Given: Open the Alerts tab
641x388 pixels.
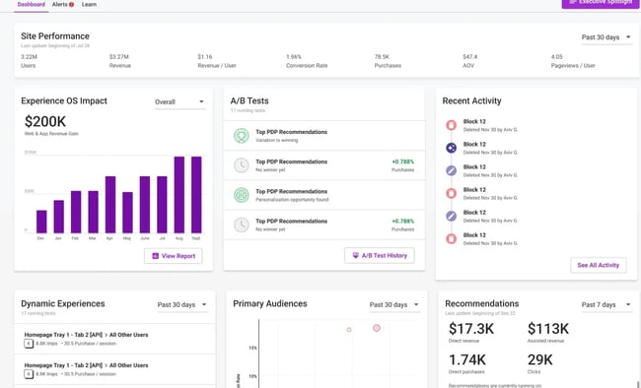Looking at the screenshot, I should click(x=62, y=5).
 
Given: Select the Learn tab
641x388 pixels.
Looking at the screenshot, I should click(x=89, y=5).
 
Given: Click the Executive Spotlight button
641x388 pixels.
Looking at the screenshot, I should click(x=600, y=3).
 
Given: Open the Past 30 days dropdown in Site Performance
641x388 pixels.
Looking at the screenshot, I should click(x=605, y=37).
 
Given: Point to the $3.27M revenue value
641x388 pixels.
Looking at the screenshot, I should click(x=118, y=57).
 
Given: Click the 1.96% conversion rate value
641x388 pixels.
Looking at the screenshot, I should click(x=294, y=57).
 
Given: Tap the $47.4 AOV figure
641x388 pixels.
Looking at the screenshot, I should click(x=469, y=57).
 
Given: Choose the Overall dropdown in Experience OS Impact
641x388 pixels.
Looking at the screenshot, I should click(x=179, y=101).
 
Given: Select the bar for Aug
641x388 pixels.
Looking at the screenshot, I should click(x=179, y=194).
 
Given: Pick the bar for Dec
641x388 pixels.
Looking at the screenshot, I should click(x=41, y=221).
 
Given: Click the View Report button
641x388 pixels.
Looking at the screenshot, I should click(x=173, y=256).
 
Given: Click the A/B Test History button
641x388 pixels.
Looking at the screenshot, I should click(x=380, y=256).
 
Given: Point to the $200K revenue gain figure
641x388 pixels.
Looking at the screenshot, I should click(x=45, y=121).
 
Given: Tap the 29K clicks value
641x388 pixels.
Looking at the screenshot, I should click(x=541, y=361).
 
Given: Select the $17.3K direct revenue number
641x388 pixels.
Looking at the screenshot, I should click(x=471, y=328).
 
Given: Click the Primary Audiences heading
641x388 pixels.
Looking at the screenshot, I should click(x=269, y=304).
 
